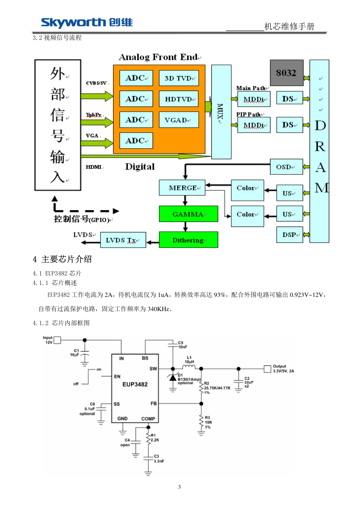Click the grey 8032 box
pyautogui.click(x=286, y=73)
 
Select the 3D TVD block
pyautogui.click(x=179, y=78)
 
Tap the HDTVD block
pyautogui.click(x=179, y=99)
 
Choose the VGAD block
pyautogui.click(x=179, y=120)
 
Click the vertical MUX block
pyautogui.click(x=221, y=112)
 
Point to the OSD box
pyautogui.click(x=286, y=167)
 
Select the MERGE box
pyautogui.click(x=182, y=188)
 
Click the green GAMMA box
pyautogui.click(x=188, y=214)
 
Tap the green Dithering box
pyautogui.click(x=188, y=240)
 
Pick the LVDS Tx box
pyautogui.click(x=123, y=240)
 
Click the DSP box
pyautogui.click(x=290, y=235)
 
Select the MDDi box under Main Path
pyautogui.click(x=254, y=99)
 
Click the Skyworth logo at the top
pyautogui.click(x=87, y=22)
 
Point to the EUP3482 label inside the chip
pyautogui.click(x=135, y=384)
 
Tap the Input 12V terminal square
pyautogui.click(x=57, y=340)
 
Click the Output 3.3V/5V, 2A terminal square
pyautogui.click(x=267, y=369)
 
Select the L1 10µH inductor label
pyautogui.click(x=189, y=360)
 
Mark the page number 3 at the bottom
pyautogui.click(x=179, y=487)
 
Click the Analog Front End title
pyautogui.click(x=159, y=57)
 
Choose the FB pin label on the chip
pyautogui.click(x=154, y=404)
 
